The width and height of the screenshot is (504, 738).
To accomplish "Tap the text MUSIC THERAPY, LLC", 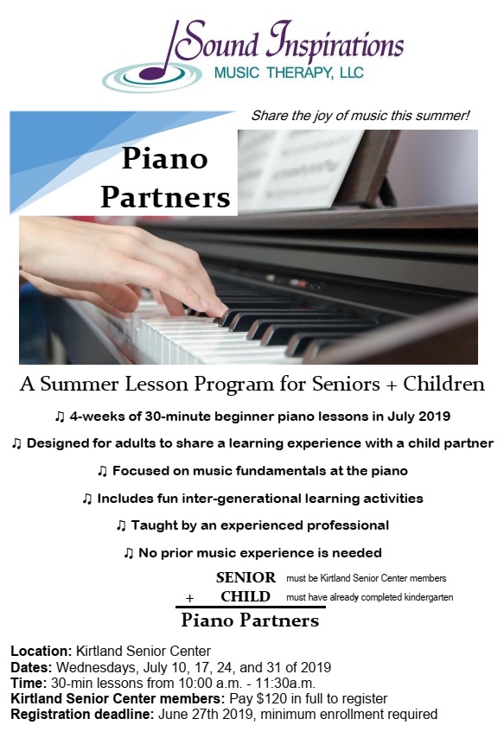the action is (x=289, y=73).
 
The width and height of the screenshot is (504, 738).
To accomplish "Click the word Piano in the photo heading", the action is (x=165, y=158).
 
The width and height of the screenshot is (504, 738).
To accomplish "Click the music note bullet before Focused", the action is (x=102, y=471).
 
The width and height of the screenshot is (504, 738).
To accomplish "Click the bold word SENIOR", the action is (x=246, y=577).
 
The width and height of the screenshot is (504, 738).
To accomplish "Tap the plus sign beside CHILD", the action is (x=190, y=598).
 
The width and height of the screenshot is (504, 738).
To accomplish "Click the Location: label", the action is (x=41, y=652).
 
